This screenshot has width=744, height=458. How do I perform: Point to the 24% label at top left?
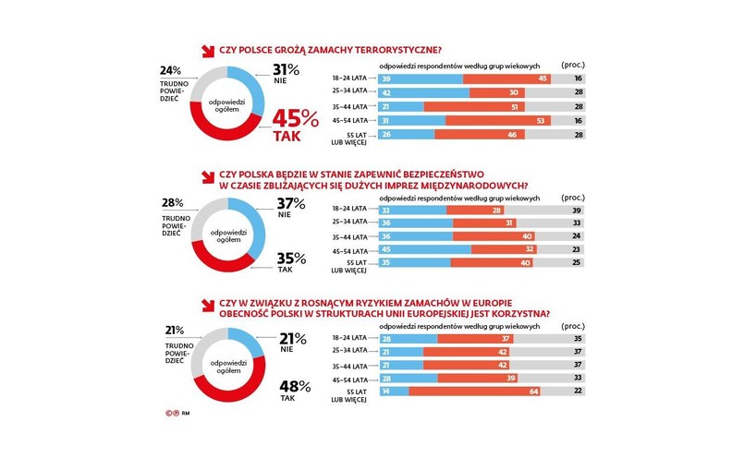pos(169,70)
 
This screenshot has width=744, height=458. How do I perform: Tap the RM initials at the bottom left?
pos(185,415)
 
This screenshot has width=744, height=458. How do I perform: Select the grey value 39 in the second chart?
pos(578,211)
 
